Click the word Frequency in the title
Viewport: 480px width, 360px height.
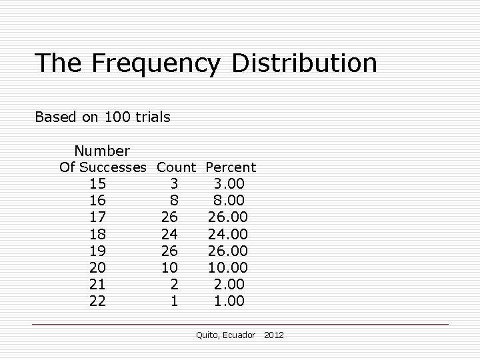156,63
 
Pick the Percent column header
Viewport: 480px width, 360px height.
231,167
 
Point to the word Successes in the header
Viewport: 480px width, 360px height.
115,167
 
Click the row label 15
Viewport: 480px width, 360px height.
97,184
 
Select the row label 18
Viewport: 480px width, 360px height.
97,234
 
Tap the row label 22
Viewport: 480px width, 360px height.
97,301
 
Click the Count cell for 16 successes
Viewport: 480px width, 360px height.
174,201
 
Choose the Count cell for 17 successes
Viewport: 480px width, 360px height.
169,217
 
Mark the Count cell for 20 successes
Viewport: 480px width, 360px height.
169,268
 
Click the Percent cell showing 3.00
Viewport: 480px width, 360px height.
229,184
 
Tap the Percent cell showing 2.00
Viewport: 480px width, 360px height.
229,285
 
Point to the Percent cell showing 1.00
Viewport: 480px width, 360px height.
229,301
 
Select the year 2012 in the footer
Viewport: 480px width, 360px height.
273,335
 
